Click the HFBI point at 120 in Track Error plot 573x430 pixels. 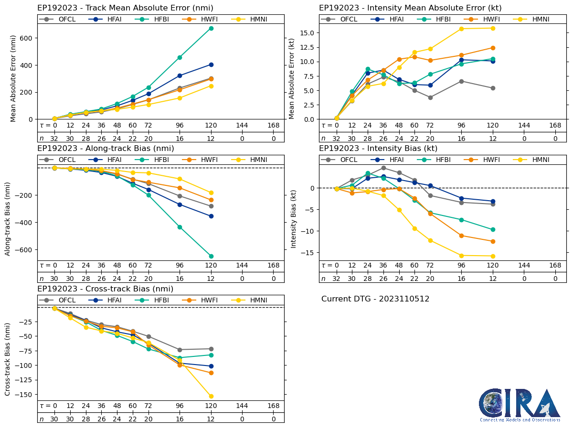[211, 28]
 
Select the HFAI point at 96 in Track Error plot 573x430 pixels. [180, 75]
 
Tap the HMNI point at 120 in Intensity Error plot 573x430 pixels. [493, 28]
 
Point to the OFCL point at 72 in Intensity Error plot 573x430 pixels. [430, 97]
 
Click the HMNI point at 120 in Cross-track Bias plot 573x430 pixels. [211, 396]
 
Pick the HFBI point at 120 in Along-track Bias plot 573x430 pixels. [211, 256]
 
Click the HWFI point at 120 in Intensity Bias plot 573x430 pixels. [493, 241]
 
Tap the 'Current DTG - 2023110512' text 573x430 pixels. [375, 299]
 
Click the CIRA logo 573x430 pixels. [520, 405]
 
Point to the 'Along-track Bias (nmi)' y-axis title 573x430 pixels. [8, 218]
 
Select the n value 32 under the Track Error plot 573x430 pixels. [54, 139]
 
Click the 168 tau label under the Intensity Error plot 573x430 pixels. [555, 125]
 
